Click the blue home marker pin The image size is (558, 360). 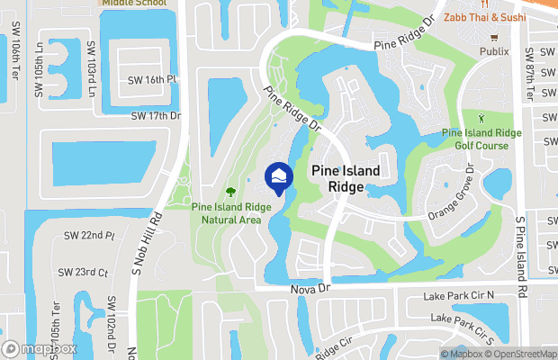(279, 177)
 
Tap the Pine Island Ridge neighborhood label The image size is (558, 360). (346, 178)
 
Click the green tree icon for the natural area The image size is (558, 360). (230, 192)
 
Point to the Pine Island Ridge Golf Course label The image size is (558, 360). (481, 139)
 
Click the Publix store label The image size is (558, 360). (494, 51)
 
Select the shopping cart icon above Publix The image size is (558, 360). (494, 38)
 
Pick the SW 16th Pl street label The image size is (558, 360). (155, 80)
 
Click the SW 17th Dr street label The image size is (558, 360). (156, 116)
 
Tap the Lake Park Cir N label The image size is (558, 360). (463, 296)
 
